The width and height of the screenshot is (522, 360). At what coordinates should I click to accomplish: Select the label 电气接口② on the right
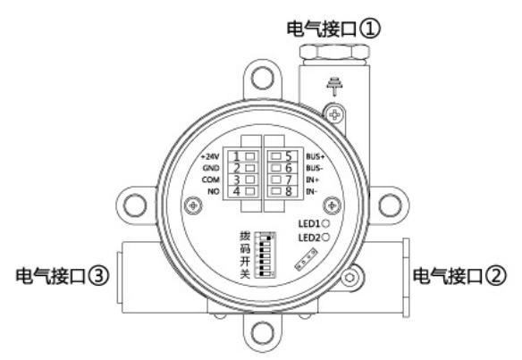(x=463, y=274)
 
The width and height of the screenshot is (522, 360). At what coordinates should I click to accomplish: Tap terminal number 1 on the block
(x=234, y=155)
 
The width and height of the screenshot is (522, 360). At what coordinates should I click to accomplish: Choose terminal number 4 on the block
(x=234, y=189)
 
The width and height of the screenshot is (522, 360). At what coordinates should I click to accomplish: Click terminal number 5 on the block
(x=287, y=155)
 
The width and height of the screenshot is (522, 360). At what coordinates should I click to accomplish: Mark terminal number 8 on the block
(x=287, y=189)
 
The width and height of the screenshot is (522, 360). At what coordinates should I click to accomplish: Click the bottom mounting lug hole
(x=260, y=336)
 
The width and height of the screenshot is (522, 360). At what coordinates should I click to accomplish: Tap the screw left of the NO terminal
(x=189, y=206)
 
